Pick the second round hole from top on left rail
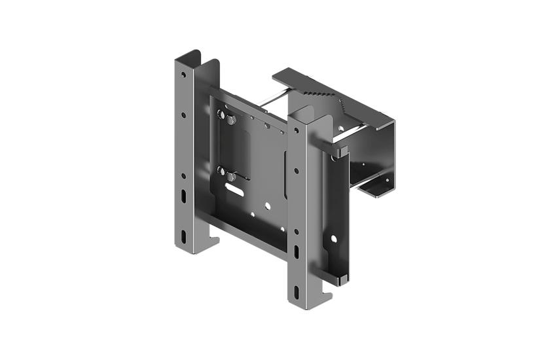click(183, 115)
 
